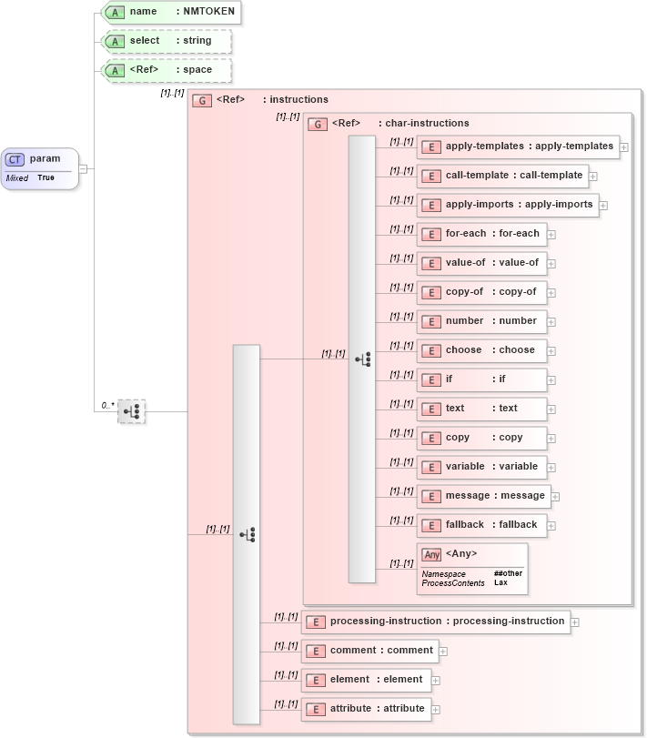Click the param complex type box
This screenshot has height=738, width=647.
click(40, 168)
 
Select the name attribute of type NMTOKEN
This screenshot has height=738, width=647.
click(170, 12)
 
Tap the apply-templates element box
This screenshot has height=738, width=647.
click(518, 147)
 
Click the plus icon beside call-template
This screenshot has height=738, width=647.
click(593, 177)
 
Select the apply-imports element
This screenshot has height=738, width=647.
click(508, 205)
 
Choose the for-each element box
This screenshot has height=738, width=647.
click(482, 234)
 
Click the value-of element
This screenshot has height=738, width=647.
click(482, 263)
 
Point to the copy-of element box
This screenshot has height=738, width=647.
click(482, 292)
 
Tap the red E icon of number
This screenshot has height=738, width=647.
click(431, 321)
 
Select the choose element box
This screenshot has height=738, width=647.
click(482, 350)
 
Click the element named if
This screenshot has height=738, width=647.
click(482, 379)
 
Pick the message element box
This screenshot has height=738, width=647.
click(485, 496)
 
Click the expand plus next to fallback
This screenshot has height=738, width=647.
click(551, 526)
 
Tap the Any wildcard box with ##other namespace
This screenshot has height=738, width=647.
click(472, 569)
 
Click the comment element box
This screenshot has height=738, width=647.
click(370, 651)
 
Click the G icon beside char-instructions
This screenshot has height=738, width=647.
click(318, 124)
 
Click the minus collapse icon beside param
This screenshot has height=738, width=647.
click(83, 168)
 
